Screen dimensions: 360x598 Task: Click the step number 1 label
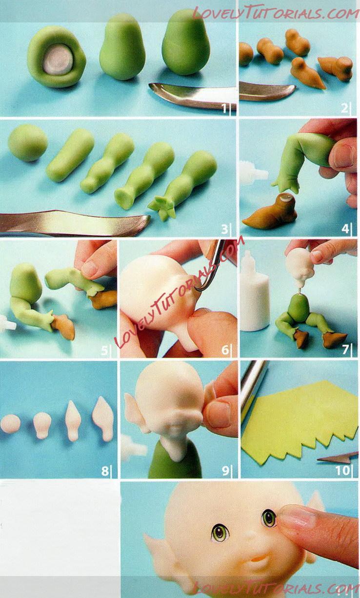(x=224, y=108)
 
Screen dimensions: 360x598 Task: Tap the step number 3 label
(x=225, y=229)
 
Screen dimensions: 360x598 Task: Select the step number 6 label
(x=225, y=349)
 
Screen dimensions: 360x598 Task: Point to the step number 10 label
(x=342, y=470)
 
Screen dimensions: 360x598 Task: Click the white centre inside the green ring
(x=58, y=62)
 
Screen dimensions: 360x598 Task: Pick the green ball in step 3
(x=27, y=142)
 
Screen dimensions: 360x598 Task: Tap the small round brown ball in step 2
(x=246, y=54)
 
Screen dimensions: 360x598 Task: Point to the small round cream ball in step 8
(x=10, y=424)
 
